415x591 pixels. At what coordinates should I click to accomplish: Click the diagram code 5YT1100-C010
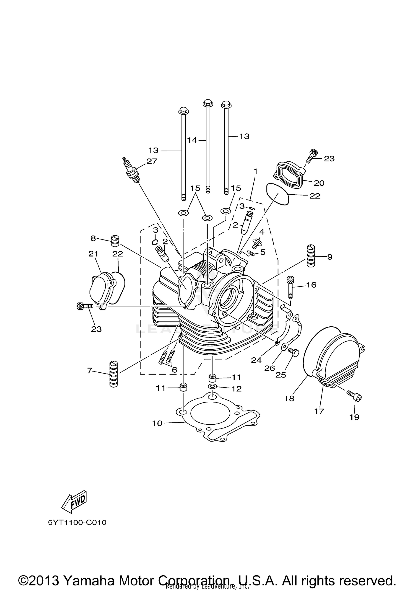[x=77, y=523]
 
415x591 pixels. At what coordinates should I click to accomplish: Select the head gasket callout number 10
[x=157, y=423]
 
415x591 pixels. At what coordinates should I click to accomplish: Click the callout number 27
[x=152, y=161]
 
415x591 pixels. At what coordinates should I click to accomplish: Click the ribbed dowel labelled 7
[x=114, y=373]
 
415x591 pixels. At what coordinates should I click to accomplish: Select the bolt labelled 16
[x=290, y=288]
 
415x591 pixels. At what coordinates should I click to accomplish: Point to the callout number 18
[x=289, y=398]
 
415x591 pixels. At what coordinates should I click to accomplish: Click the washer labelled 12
[x=212, y=386]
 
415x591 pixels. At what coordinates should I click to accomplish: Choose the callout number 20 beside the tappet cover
[x=319, y=183]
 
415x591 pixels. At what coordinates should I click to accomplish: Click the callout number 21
[x=94, y=254]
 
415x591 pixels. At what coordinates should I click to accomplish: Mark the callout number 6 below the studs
[x=174, y=370]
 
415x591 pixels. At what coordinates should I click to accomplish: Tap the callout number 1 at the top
[x=255, y=172]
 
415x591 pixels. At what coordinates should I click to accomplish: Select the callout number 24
[x=256, y=360]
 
